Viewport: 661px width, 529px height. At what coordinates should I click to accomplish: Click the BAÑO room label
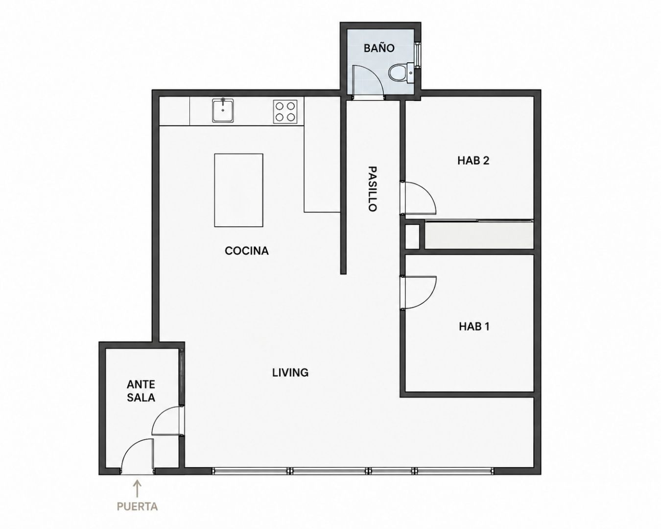click(x=379, y=48)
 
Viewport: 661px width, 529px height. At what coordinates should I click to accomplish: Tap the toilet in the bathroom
click(x=401, y=73)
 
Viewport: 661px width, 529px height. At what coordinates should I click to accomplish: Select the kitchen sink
click(x=223, y=110)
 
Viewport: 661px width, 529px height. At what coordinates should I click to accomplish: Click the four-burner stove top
click(x=285, y=112)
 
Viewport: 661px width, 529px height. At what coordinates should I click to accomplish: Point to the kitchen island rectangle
click(x=238, y=190)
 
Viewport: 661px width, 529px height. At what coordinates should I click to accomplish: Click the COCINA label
click(x=247, y=251)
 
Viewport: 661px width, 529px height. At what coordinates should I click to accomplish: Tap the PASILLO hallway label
click(x=372, y=189)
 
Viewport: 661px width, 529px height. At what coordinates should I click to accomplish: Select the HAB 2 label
click(x=473, y=161)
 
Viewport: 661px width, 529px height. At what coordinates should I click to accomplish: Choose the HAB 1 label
click(x=474, y=326)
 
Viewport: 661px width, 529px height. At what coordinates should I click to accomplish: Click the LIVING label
click(x=290, y=373)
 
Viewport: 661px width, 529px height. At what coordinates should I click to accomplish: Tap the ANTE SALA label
click(x=141, y=391)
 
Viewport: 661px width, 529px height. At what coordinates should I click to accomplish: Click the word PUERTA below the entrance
click(x=137, y=506)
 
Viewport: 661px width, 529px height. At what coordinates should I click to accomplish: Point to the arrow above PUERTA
click(x=137, y=489)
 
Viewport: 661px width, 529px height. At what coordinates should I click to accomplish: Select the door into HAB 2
click(x=418, y=198)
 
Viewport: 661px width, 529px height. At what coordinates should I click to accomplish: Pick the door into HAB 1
click(x=418, y=292)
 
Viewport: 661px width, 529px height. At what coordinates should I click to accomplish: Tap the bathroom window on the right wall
click(x=418, y=54)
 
